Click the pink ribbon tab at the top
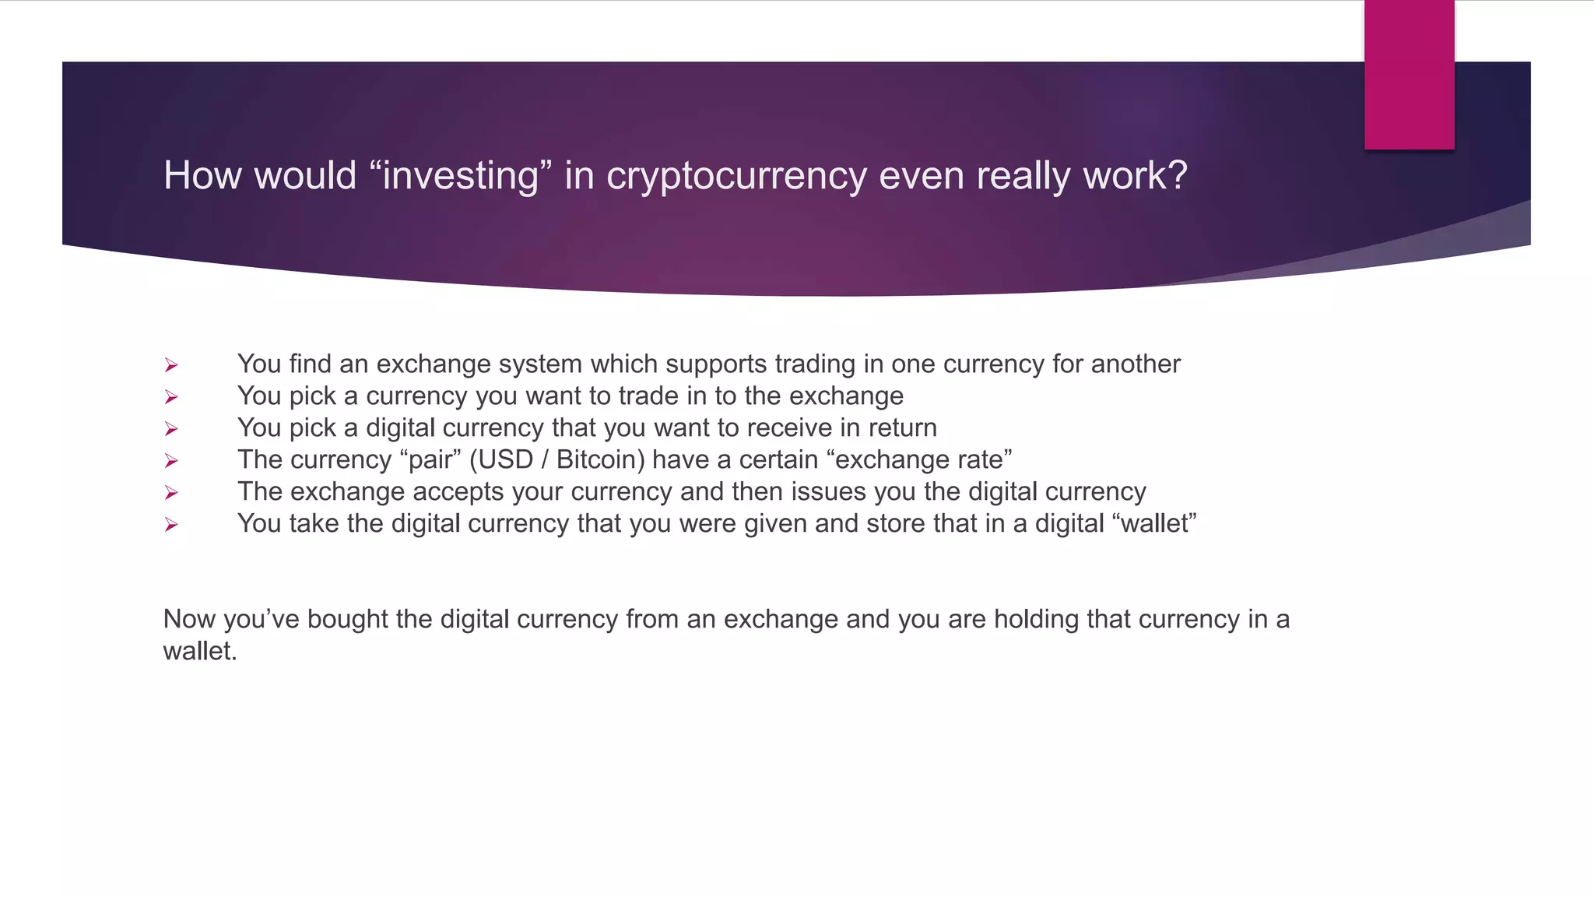coord(1409,75)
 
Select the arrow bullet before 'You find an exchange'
coord(171,365)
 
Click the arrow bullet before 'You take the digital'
coord(171,525)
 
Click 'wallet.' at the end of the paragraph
coord(199,652)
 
